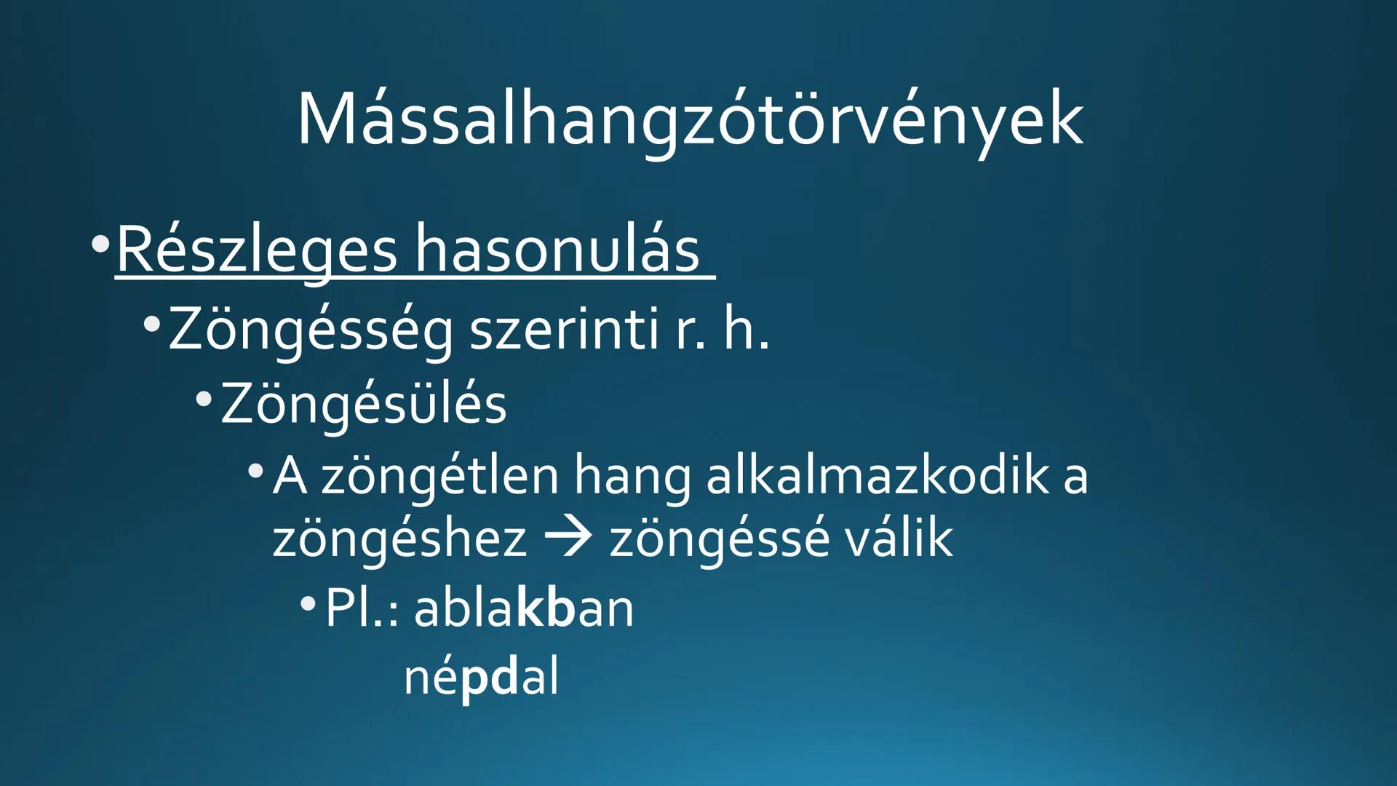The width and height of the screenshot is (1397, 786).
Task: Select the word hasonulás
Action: (557, 250)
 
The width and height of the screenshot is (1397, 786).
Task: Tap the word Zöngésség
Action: (311, 330)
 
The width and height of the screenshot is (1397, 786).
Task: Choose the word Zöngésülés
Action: (363, 405)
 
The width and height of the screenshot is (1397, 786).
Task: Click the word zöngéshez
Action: (399, 540)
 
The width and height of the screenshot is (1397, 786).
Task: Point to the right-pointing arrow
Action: (568, 539)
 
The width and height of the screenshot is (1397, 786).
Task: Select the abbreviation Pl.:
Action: (362, 608)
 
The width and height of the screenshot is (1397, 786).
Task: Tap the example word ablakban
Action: (524, 608)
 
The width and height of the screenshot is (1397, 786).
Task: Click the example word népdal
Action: (481, 677)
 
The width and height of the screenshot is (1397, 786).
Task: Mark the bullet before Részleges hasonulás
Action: (100, 244)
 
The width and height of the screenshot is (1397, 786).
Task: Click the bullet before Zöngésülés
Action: (204, 399)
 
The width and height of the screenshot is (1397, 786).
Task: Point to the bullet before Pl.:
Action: (308, 603)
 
